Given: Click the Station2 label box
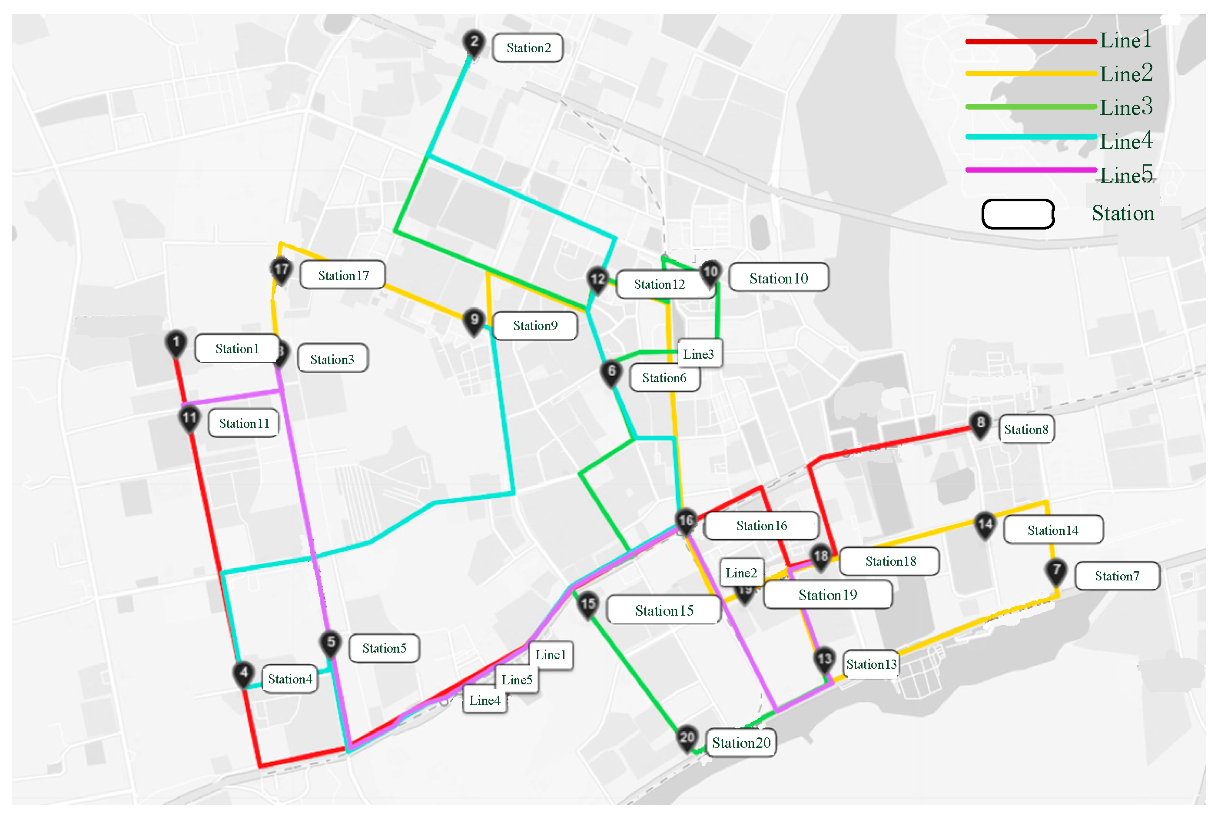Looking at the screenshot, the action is coord(528,48).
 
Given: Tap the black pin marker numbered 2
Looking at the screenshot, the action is coord(474,42).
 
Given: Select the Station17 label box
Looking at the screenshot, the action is coord(343,276).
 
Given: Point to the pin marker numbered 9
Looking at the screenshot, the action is coord(474,320).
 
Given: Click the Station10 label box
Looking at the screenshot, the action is coord(779,278).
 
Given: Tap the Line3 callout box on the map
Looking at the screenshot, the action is coord(699,354).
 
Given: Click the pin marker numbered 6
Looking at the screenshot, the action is coord(611,372).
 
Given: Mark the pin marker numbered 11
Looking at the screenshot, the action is coord(189,418).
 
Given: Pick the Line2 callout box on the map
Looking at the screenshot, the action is coord(741,573).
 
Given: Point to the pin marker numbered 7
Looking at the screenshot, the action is coord(1056,570).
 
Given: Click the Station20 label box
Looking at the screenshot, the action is coord(741,743).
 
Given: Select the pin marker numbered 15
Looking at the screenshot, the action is coord(588,604).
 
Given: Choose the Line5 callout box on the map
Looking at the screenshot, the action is coord(517,680).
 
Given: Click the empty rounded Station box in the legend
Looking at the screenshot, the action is coord(1018,214).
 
